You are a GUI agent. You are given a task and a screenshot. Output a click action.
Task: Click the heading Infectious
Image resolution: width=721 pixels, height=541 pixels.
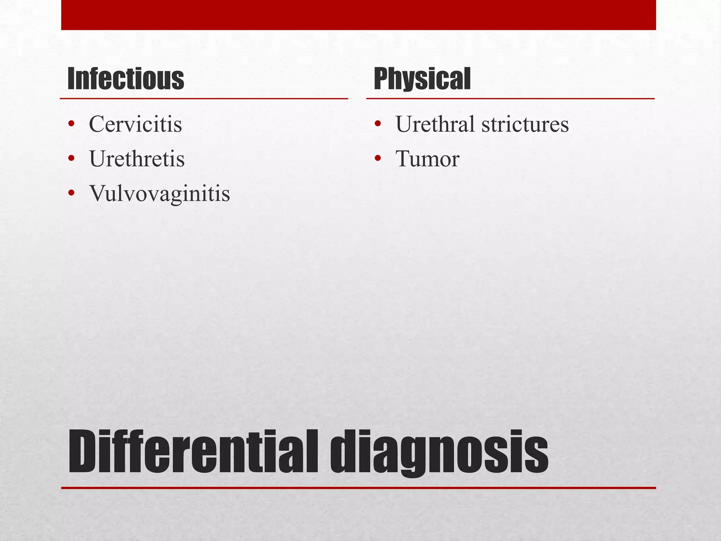[x=126, y=79]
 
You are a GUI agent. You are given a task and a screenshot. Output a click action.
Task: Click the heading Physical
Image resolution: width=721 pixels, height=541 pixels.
[x=422, y=79]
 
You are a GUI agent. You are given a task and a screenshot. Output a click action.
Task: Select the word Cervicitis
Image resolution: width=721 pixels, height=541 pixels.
[x=136, y=124]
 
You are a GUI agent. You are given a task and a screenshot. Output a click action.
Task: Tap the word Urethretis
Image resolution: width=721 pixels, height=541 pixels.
[x=137, y=158]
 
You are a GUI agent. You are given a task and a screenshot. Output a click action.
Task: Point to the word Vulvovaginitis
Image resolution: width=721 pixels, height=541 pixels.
[x=159, y=193]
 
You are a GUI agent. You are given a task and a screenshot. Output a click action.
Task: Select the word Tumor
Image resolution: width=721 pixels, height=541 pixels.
[x=427, y=158]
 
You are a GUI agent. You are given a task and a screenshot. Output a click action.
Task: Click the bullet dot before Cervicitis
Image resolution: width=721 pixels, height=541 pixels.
[x=71, y=124]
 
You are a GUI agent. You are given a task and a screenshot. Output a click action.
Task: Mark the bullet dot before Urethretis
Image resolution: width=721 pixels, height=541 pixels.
[x=71, y=158]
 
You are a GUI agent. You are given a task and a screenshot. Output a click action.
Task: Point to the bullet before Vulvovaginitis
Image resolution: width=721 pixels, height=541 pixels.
[x=71, y=193]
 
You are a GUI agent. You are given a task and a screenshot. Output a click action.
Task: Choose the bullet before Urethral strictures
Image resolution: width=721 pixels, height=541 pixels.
[x=378, y=124]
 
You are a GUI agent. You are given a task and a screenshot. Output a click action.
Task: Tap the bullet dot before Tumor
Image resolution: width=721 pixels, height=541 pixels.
[x=378, y=158]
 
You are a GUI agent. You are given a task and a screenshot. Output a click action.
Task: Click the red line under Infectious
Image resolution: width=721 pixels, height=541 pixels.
[x=204, y=99]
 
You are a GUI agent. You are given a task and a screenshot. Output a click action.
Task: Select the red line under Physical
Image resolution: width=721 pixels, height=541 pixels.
[x=510, y=99]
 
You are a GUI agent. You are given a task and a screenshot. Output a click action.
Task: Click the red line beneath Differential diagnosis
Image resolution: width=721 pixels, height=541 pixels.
[x=358, y=488]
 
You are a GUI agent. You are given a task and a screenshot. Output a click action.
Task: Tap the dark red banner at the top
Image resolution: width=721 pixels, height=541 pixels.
[x=358, y=15]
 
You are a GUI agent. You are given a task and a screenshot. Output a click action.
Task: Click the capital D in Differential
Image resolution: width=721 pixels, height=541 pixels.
[x=83, y=452]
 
